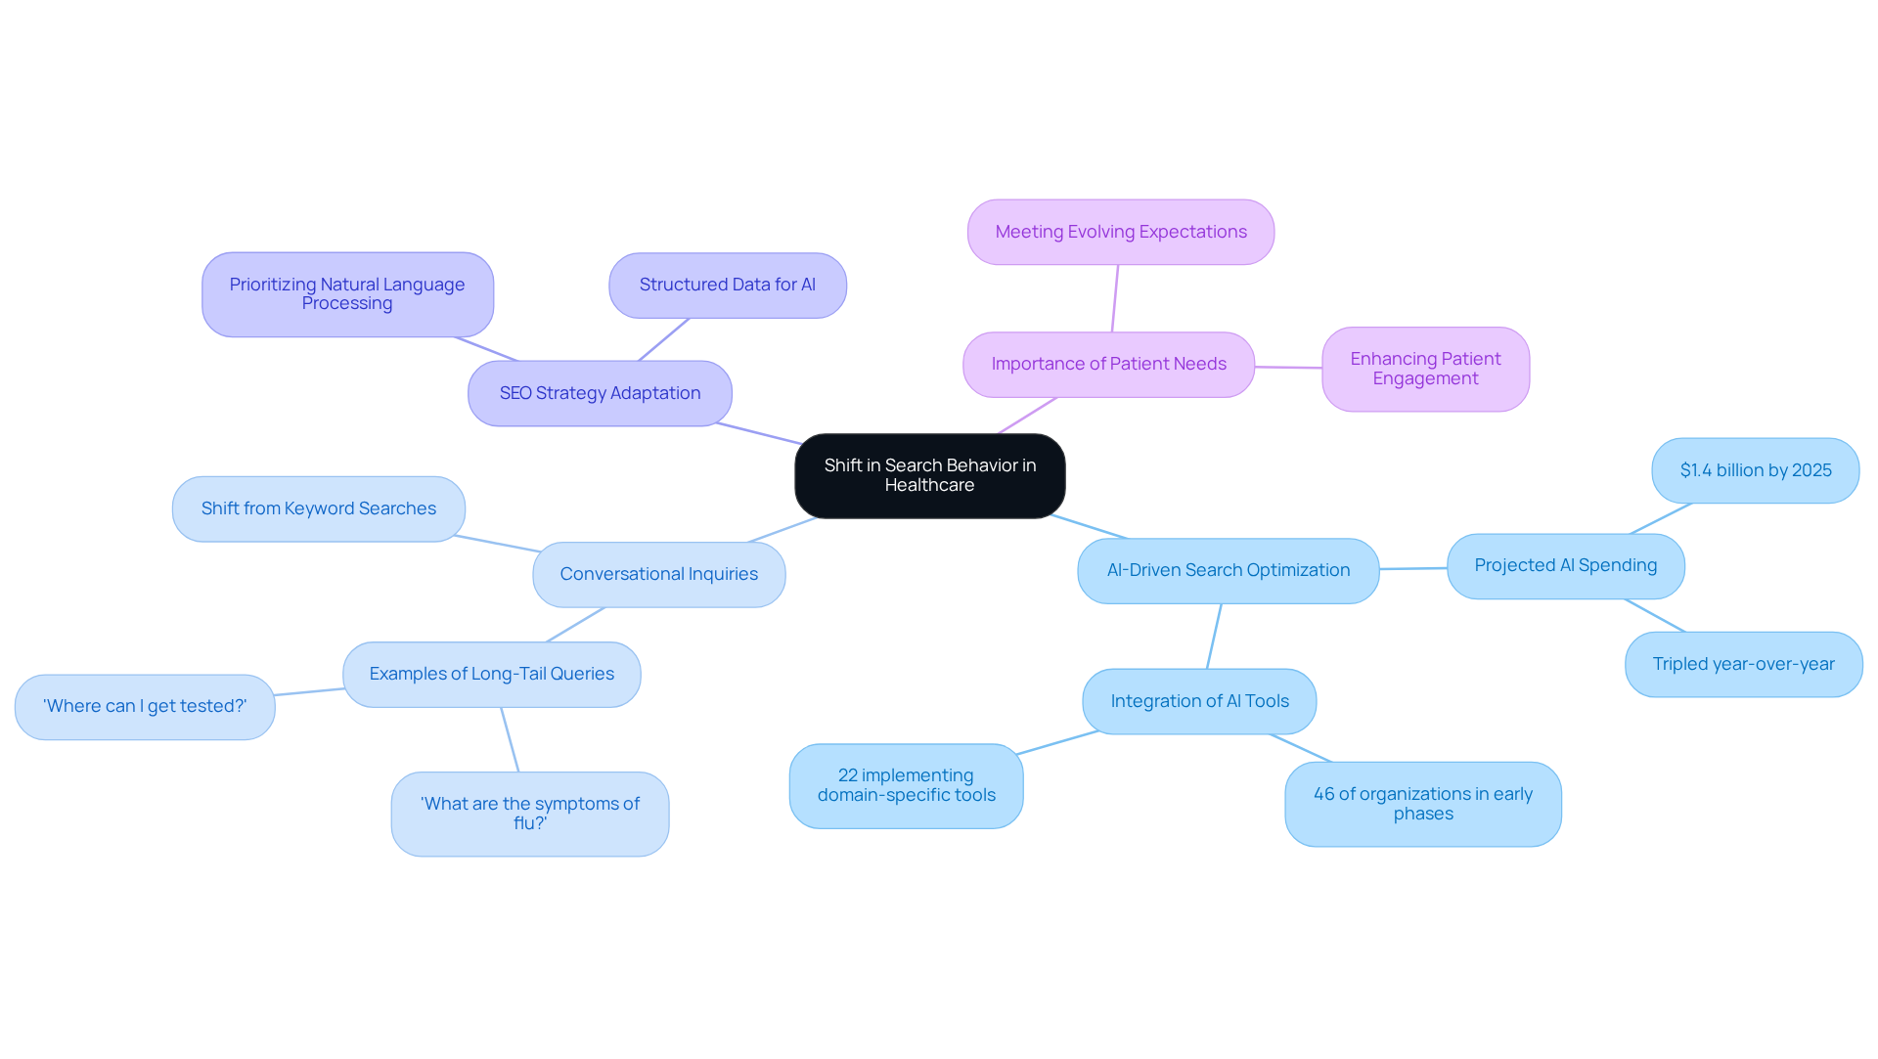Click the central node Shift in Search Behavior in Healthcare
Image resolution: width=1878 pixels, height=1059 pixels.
pos(929,475)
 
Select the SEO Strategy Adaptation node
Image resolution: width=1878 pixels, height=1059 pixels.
pos(600,393)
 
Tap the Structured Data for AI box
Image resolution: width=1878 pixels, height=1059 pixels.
pos(727,286)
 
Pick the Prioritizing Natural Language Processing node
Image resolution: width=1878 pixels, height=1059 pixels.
pos(347,294)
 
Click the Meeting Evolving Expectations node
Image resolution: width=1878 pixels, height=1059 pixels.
pos(1120,232)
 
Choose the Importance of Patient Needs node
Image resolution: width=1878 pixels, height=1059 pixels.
pos(1108,365)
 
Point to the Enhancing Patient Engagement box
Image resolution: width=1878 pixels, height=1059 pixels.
pos(1425,369)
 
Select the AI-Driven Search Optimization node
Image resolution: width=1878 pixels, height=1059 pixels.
pos(1228,571)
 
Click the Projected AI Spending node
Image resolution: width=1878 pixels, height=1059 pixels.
pos(1565,566)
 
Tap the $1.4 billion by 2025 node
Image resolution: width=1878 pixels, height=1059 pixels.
pos(1755,470)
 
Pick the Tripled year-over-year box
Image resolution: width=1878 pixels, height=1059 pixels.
pos(1743,664)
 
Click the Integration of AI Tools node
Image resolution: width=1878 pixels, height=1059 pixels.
pos(1199,701)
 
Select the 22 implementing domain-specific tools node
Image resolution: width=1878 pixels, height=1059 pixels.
pos(906,786)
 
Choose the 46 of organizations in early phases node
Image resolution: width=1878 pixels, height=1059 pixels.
pos(1422,804)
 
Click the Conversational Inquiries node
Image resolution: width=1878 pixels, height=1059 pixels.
pos(658,575)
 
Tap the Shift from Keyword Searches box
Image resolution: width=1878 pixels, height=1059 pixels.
pos(318,508)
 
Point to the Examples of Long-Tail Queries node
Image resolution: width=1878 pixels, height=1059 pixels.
pos(491,675)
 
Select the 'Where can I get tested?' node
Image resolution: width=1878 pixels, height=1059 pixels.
pos(145,707)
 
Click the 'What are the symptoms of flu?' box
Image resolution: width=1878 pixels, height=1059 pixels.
pos(529,814)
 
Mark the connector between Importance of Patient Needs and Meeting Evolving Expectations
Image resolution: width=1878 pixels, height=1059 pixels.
pos(1115,298)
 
